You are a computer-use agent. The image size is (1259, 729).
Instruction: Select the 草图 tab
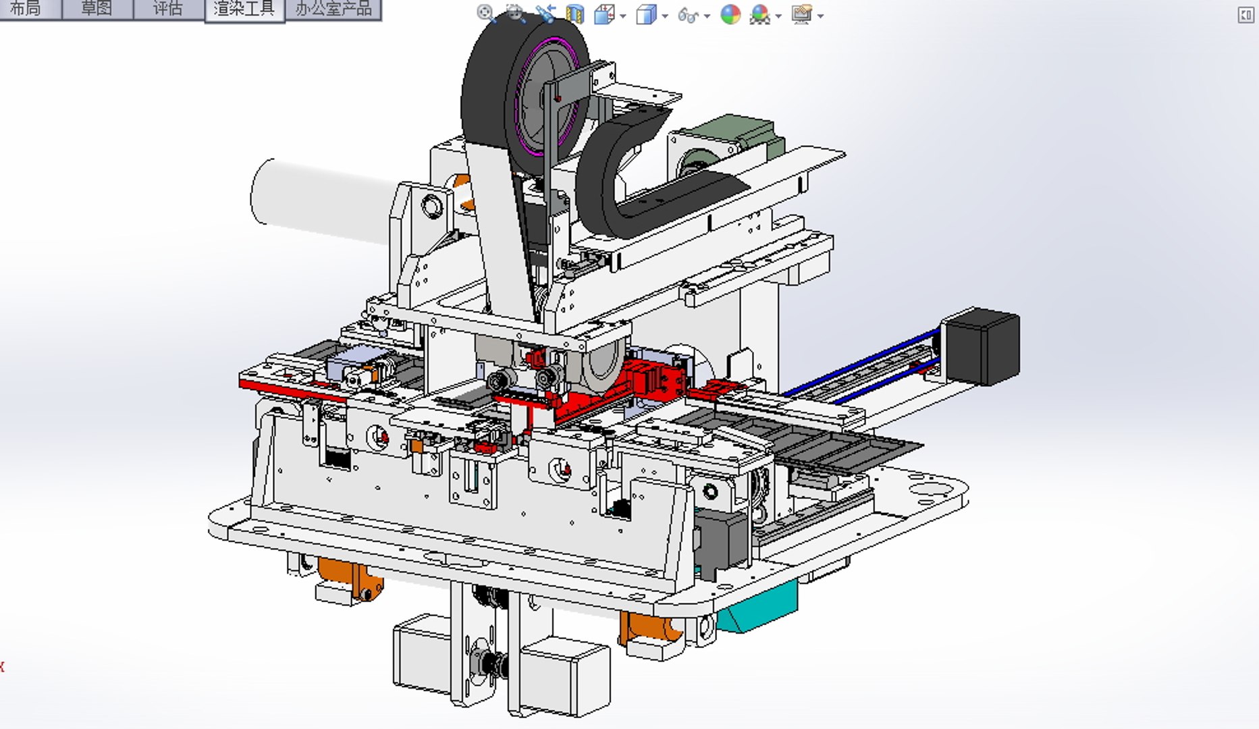coord(97,9)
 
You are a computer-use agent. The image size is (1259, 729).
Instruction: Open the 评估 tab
coord(167,9)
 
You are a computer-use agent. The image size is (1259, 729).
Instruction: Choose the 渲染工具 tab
coord(244,9)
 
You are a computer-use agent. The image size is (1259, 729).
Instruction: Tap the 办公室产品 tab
coord(333,9)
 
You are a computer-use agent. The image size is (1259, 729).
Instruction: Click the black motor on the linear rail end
coord(982,346)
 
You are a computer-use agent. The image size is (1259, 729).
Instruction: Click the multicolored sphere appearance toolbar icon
coord(730,15)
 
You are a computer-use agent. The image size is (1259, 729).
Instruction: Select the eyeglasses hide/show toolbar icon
coord(688,15)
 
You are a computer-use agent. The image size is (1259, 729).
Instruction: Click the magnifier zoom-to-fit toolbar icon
coord(485,13)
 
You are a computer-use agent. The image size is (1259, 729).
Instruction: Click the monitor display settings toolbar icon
coord(801,15)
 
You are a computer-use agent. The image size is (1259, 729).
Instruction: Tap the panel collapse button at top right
coord(1245,15)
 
